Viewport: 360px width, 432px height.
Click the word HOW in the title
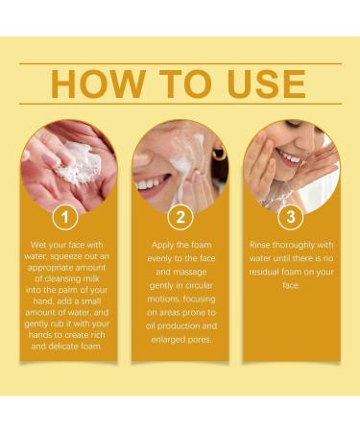click(88, 84)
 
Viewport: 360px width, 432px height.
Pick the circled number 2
click(180, 217)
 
